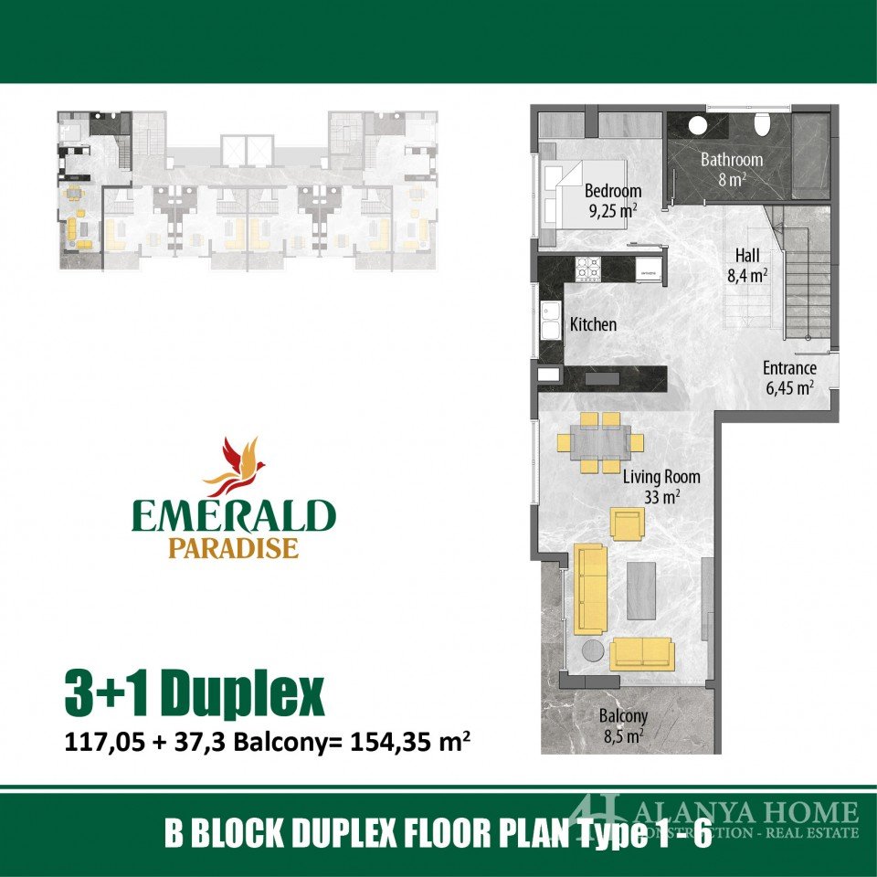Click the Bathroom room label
tap(732, 169)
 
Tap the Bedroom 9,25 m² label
tap(613, 201)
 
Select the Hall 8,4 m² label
tap(747, 265)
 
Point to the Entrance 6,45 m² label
tap(789, 378)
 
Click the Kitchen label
tap(593, 324)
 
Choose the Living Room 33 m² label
tap(661, 487)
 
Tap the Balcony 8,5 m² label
tap(623, 725)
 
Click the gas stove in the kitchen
tap(588, 269)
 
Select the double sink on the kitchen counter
tap(551, 321)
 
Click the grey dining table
tap(601, 442)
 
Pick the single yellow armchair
tap(627, 523)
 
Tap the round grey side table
tap(593, 651)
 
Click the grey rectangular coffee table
tap(641, 591)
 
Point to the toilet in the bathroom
tap(762, 124)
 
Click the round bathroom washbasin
tap(697, 125)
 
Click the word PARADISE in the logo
tap(233, 547)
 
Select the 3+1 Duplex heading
tap(195, 693)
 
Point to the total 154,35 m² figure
tap(409, 742)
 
